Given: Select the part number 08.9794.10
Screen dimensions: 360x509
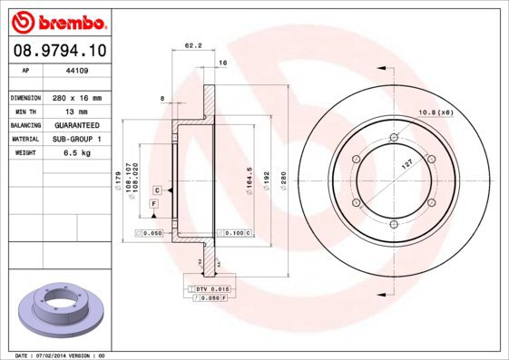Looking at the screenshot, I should pos(57,52).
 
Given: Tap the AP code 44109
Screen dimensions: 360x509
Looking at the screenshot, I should pos(77,70).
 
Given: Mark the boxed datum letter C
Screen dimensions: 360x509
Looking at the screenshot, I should pos(157,190).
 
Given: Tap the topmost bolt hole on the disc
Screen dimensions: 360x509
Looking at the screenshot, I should pos(392,138).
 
